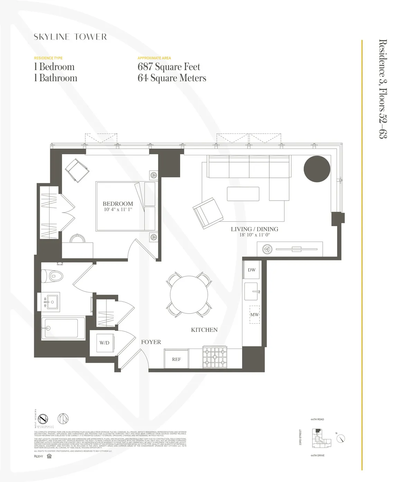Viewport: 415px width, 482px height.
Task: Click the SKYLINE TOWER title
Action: pos(70,37)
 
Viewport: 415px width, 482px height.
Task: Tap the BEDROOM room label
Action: pos(118,204)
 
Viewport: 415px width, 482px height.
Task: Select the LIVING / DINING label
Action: pos(254,229)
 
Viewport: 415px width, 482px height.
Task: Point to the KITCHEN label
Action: pos(204,330)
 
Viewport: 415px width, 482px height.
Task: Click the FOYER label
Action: pos(151,342)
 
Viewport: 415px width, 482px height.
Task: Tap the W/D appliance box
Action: pos(104,343)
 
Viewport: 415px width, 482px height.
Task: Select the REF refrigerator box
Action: pos(176,359)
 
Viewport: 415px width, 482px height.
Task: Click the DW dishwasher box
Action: pos(251,270)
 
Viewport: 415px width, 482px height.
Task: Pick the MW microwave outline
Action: pos(255,315)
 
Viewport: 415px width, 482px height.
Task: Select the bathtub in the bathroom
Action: pos(62,328)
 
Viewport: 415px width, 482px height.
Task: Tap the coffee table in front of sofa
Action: pos(243,194)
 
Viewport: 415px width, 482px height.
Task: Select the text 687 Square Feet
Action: pos(169,67)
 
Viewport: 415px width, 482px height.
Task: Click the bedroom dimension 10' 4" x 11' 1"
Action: pos(118,210)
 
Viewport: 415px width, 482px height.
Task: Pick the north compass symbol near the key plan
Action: pos(341,439)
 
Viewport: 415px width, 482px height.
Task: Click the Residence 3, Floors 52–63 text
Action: pos(382,89)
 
